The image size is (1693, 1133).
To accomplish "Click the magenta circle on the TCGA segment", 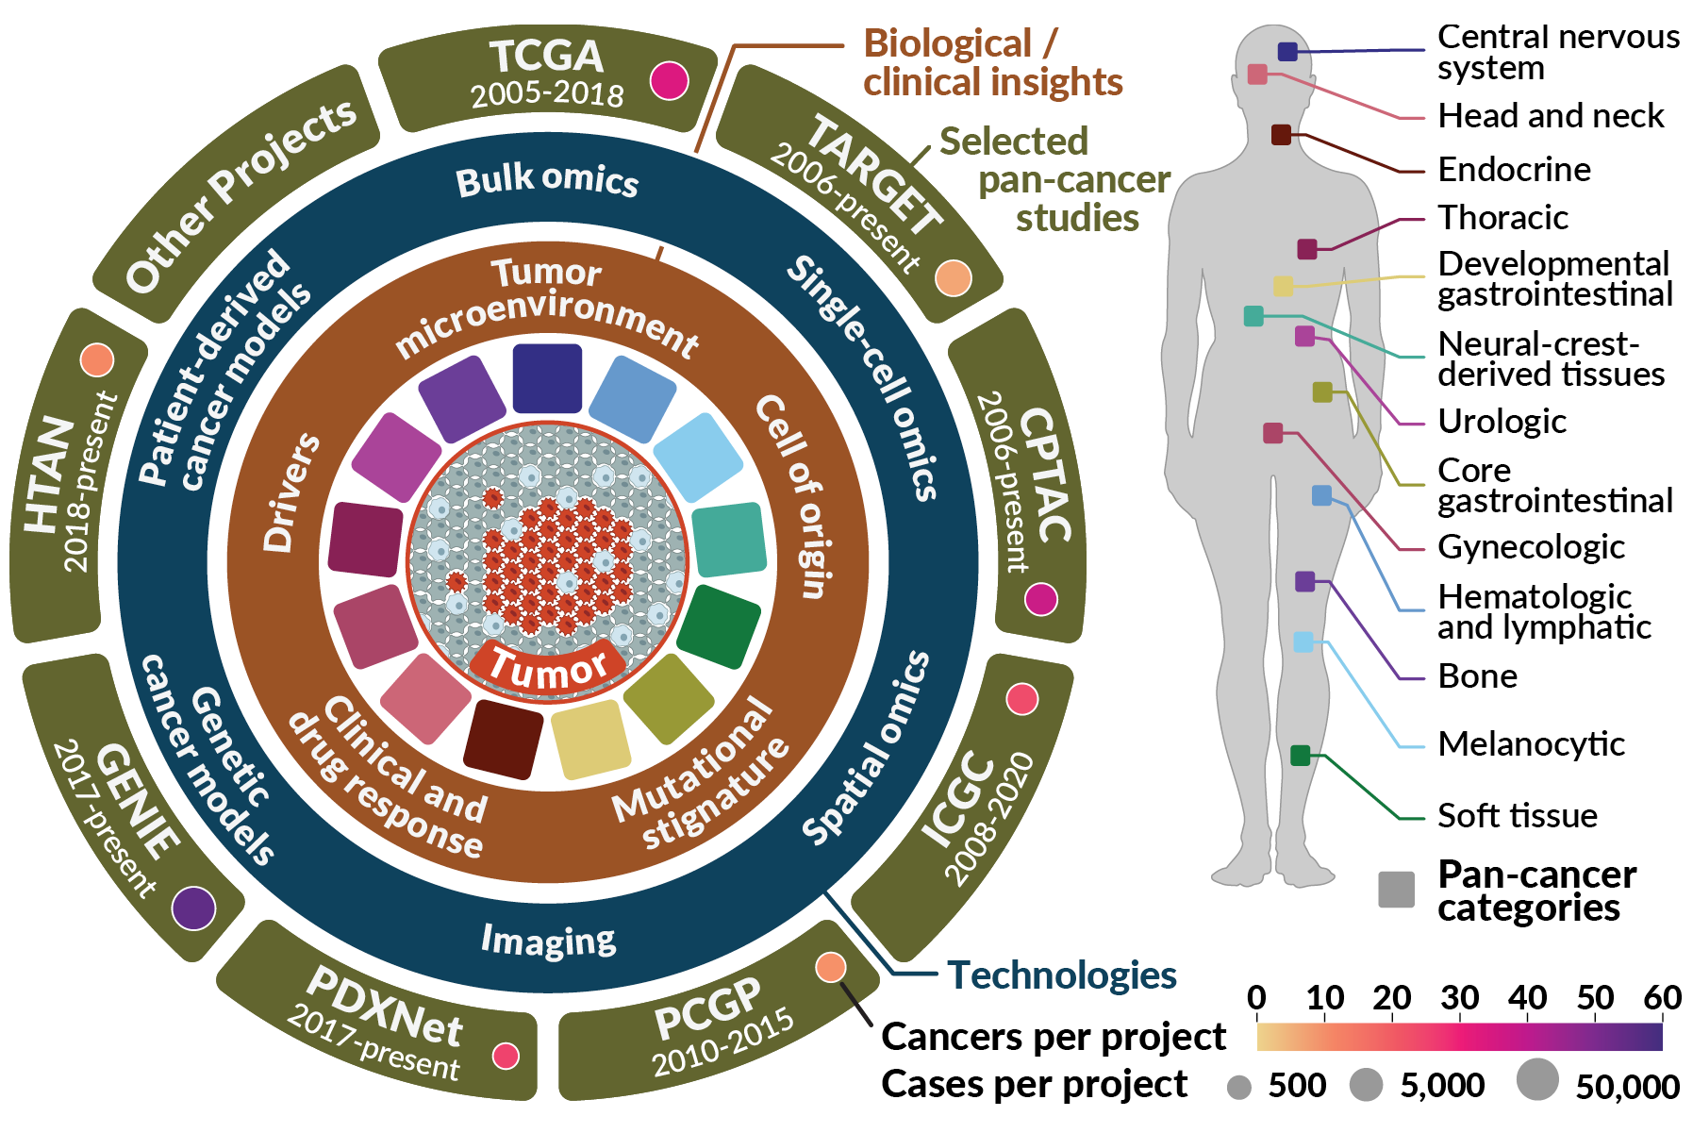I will click(669, 80).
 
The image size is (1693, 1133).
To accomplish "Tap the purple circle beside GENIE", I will click(194, 908).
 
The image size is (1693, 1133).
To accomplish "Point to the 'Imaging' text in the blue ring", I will click(548, 940).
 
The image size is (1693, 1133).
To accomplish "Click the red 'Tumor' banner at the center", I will click(548, 668).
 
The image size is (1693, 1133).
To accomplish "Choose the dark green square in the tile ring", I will click(719, 626).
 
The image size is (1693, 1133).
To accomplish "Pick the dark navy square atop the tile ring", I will click(547, 378).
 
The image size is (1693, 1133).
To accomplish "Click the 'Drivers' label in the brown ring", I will click(290, 492).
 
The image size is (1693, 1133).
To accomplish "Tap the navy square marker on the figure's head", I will click(1287, 52).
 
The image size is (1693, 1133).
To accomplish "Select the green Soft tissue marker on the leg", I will click(1300, 755).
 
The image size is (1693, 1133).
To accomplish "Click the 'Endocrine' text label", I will click(1514, 170).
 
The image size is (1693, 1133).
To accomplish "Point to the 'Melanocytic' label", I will click(1531, 744).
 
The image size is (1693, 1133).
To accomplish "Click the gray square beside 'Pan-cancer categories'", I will click(1396, 890).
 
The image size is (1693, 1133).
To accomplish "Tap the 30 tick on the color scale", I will click(1459, 998).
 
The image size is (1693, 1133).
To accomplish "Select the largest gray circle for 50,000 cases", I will click(1537, 1079).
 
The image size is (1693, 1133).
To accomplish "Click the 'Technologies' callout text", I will click(1062, 975).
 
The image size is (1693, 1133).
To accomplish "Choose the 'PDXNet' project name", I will click(385, 1008).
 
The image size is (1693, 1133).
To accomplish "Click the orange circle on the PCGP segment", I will click(830, 967).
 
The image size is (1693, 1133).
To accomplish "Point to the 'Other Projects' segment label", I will click(241, 195).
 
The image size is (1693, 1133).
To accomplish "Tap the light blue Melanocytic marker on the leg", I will click(1303, 642).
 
